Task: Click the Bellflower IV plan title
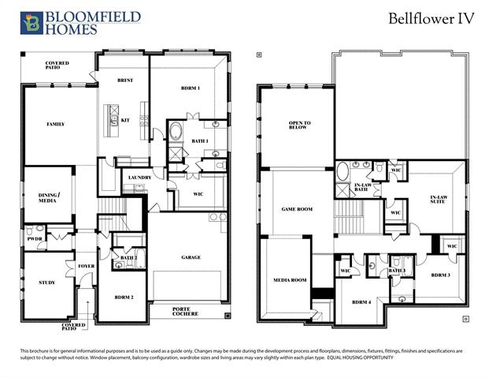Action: pyautogui.click(x=431, y=19)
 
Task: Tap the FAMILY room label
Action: pyautogui.click(x=55, y=124)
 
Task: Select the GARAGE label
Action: pyautogui.click(x=191, y=256)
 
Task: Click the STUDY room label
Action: pyautogui.click(x=46, y=282)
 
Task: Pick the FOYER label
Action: pyautogui.click(x=87, y=266)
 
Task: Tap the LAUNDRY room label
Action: pyautogui.click(x=139, y=178)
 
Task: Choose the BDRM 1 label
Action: pyautogui.click(x=189, y=88)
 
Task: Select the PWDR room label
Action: pyautogui.click(x=35, y=238)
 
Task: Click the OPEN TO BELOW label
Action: pyautogui.click(x=300, y=125)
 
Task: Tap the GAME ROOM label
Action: pyautogui.click(x=298, y=209)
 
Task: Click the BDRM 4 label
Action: pyautogui.click(x=361, y=302)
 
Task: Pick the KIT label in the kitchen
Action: pyautogui.click(x=125, y=120)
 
